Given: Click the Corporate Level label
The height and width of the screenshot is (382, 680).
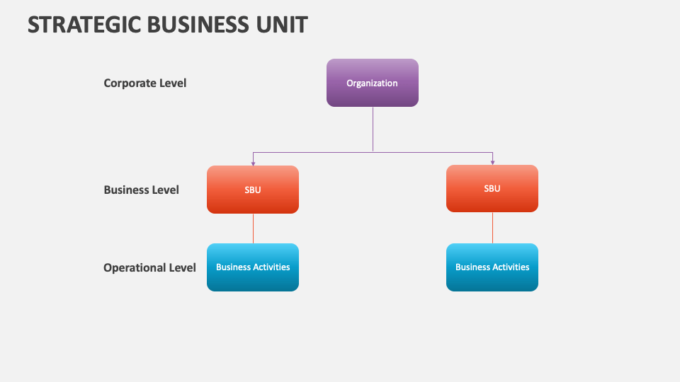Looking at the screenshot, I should [x=145, y=83].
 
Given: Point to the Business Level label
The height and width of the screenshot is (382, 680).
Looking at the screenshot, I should [x=141, y=190].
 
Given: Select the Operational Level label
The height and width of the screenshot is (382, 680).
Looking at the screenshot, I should [x=149, y=267].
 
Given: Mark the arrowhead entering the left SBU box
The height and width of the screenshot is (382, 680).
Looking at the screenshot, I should [x=253, y=163].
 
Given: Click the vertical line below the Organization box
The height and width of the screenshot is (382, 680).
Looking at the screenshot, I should [x=373, y=129].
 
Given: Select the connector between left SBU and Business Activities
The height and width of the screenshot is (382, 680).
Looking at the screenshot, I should [x=253, y=228].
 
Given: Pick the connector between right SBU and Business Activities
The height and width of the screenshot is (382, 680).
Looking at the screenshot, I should [x=492, y=227].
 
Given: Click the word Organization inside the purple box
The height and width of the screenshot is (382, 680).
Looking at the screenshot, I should [x=372, y=83].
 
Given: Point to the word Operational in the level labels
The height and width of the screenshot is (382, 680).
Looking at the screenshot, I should [x=135, y=267].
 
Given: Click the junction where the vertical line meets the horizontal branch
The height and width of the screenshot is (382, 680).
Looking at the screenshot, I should [x=373, y=151].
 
